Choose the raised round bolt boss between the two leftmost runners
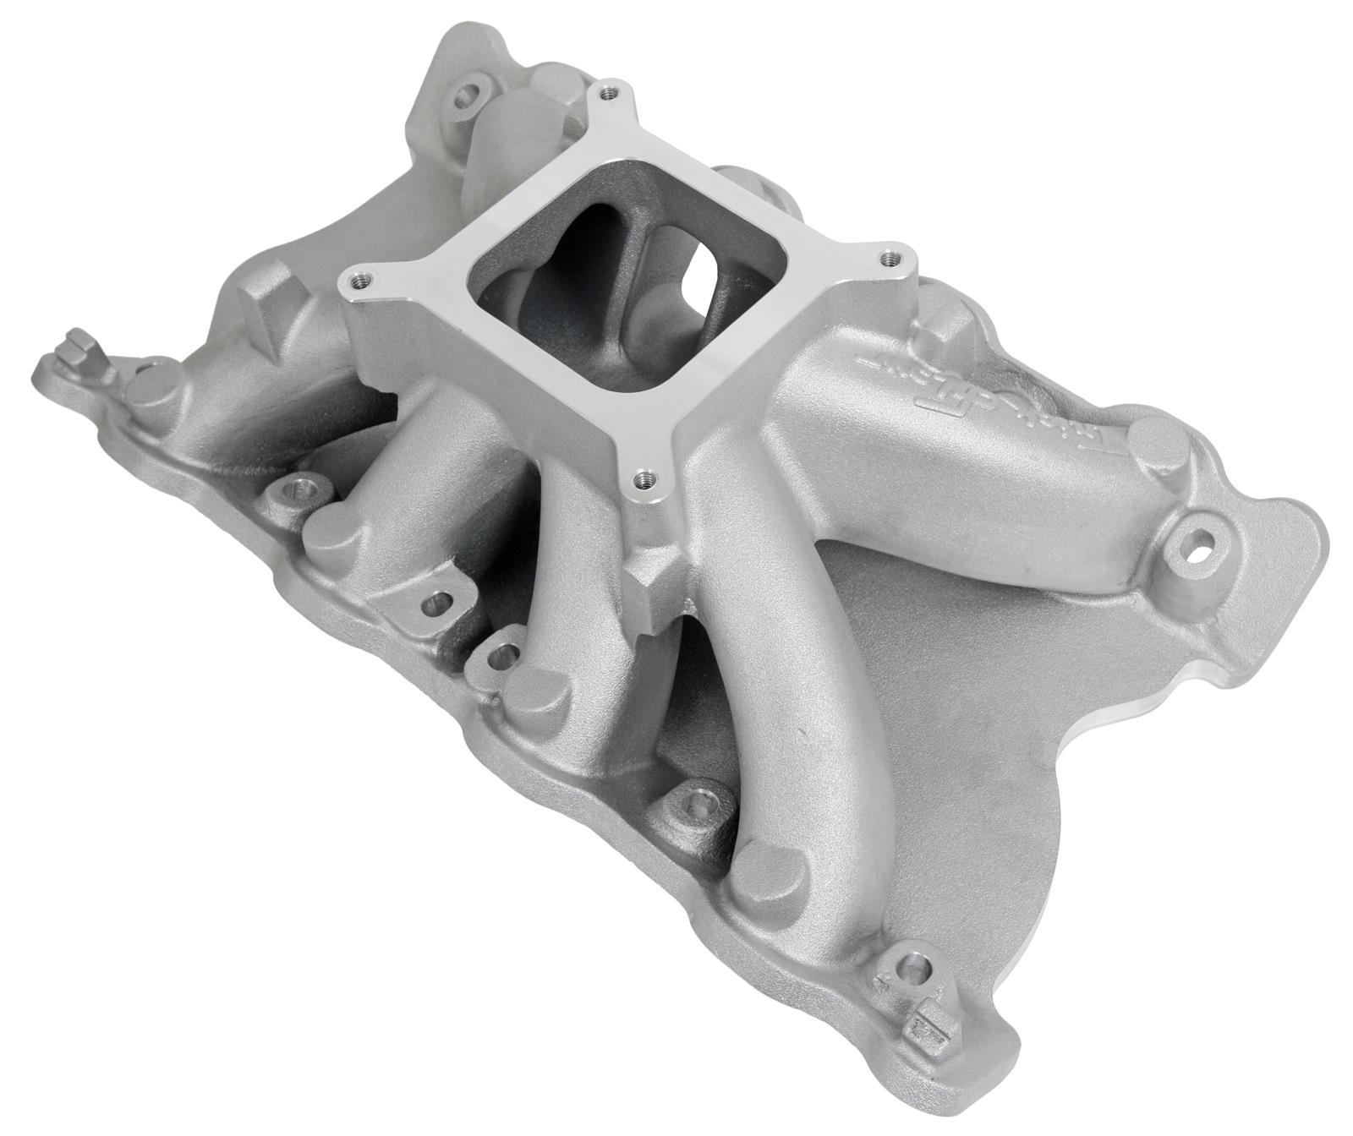297,489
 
